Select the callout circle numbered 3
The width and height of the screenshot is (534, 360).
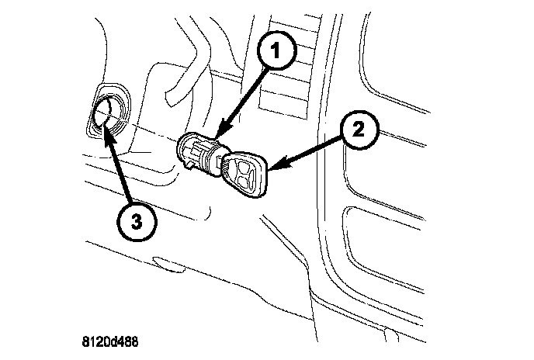point(137,221)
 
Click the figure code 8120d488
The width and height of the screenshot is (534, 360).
point(112,341)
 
